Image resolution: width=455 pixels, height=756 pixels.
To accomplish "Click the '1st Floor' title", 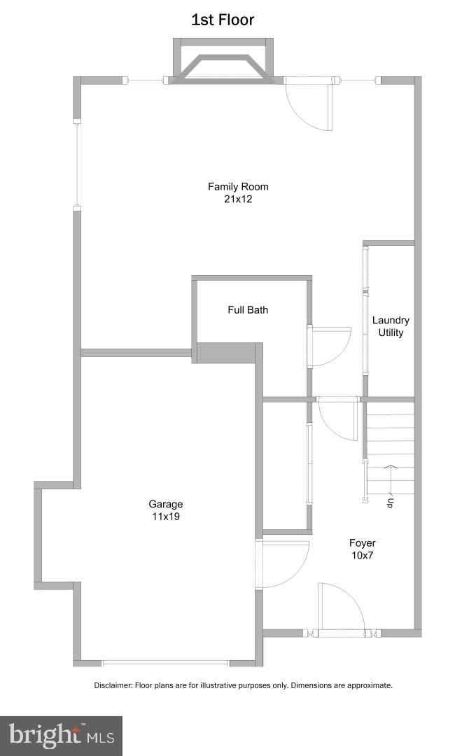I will [x=223, y=20].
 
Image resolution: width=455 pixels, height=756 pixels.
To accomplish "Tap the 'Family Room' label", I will [x=238, y=186].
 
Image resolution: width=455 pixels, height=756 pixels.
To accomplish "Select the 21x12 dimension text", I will [x=238, y=199].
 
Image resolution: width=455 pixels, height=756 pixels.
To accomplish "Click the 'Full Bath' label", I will [x=248, y=309].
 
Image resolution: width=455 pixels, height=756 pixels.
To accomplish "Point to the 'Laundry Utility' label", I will [x=391, y=326].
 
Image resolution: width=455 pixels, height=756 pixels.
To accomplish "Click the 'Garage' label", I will [x=165, y=504].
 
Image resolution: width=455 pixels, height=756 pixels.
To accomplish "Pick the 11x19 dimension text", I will [x=165, y=517].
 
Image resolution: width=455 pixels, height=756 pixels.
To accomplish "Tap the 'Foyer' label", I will [x=363, y=542].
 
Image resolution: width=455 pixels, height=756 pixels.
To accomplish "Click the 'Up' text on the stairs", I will [x=390, y=502].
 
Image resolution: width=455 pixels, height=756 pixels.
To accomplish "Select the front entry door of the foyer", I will [x=340, y=609].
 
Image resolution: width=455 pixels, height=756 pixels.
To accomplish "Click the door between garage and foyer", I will [x=283, y=564].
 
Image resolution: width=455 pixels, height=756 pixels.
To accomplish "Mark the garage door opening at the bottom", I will [x=165, y=662].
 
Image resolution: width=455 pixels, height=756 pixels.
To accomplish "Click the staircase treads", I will [x=391, y=448].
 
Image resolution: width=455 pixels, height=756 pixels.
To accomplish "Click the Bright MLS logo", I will [x=62, y=736].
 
